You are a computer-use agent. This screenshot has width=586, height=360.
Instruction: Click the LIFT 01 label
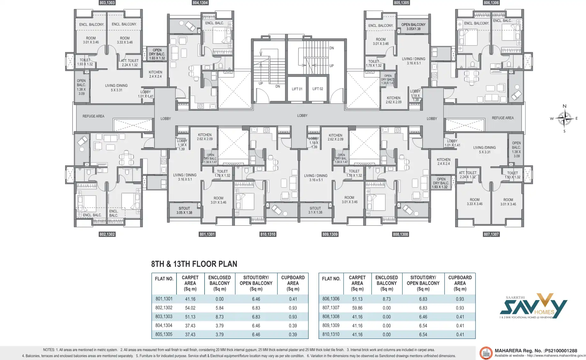(297, 89)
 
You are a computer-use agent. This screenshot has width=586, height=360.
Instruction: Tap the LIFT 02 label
(318, 89)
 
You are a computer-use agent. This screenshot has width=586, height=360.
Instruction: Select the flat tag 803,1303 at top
(107, 3)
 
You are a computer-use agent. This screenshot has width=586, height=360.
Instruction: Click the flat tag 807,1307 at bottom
(491, 234)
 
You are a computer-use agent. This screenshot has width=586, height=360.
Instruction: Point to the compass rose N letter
(564, 106)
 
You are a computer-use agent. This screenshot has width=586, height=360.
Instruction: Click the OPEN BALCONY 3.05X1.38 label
(413, 26)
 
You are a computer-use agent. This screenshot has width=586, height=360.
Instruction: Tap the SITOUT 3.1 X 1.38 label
(315, 210)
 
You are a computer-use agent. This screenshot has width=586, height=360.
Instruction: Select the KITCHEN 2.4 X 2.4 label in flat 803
(155, 74)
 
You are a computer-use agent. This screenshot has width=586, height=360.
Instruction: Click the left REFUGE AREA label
(93, 116)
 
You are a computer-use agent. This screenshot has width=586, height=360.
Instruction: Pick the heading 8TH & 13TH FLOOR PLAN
(194, 264)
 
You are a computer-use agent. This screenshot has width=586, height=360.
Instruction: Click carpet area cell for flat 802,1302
(190, 308)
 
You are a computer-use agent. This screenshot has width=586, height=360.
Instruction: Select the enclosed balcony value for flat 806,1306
(387, 299)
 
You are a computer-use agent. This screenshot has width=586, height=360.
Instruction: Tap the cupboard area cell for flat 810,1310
(460, 334)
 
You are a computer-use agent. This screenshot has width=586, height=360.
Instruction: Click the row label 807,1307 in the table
(331, 308)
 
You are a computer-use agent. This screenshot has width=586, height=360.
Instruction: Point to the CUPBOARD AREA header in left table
(293, 283)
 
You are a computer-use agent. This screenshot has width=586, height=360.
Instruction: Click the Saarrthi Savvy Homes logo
(533, 306)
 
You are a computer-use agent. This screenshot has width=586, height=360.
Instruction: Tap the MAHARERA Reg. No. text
(536, 350)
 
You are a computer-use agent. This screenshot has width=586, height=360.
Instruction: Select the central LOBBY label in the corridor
(302, 116)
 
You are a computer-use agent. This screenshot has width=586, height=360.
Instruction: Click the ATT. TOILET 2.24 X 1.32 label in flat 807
(468, 175)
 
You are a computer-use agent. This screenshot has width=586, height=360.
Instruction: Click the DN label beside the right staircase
(332, 48)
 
